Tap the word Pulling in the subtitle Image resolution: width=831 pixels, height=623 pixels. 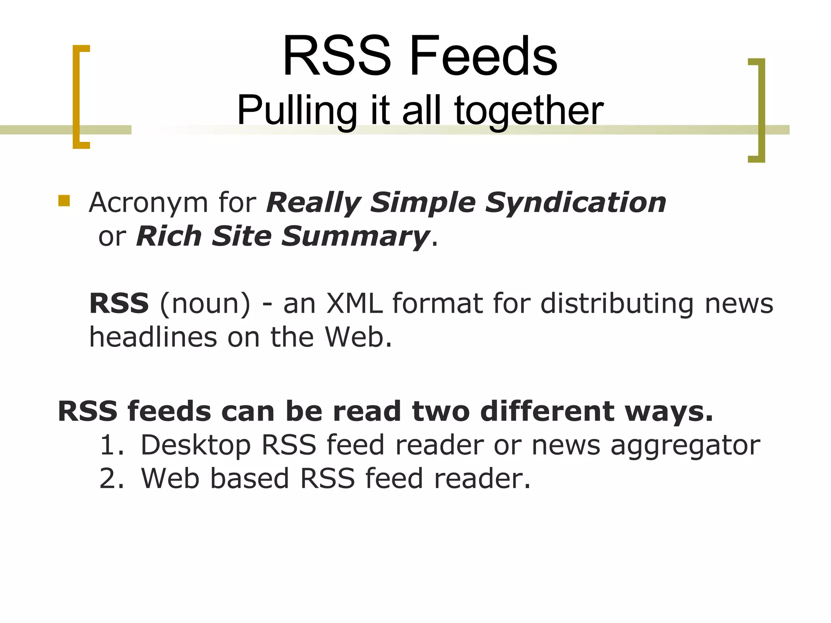(297, 110)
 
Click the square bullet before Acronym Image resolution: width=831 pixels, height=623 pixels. (64, 201)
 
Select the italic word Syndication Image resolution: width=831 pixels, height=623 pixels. (576, 202)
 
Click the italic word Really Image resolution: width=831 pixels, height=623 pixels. (313, 202)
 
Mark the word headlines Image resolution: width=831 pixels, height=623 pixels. (153, 337)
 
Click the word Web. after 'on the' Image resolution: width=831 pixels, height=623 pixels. (358, 337)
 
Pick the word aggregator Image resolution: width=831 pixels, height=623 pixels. (685, 446)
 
